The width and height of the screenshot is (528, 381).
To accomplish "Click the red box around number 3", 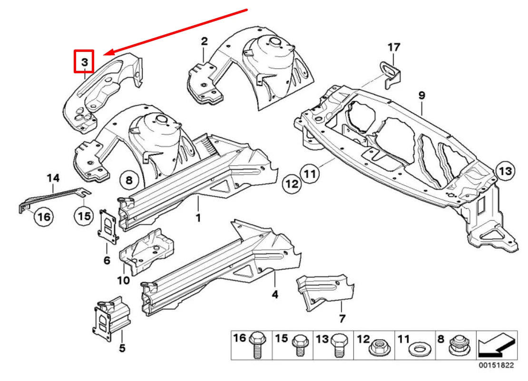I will point(84,62).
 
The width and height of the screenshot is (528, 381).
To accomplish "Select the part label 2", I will point(204,41).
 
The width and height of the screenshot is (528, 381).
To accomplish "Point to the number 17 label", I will point(394,47).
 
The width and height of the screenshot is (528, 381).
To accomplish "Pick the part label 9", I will point(421,96).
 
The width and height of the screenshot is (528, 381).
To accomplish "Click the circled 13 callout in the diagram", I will point(505,170).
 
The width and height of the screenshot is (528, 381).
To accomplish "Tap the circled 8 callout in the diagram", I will point(128,180).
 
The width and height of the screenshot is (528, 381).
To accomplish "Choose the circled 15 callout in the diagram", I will point(84,216).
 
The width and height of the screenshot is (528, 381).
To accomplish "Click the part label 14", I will point(53,178).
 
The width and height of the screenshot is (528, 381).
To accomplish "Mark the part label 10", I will point(123,280).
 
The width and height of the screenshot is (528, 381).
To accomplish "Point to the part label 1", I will point(198,218).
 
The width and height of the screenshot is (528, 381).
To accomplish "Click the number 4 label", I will point(275,295).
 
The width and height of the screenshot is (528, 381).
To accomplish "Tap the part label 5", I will point(122,348).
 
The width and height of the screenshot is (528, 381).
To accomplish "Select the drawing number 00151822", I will point(496,366).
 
